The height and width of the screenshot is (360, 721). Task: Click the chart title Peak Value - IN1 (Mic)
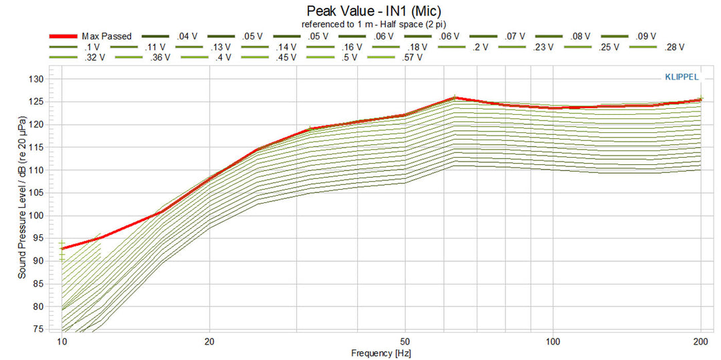pyautogui.click(x=374, y=11)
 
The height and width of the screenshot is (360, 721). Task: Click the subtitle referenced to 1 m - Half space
pyautogui.click(x=374, y=24)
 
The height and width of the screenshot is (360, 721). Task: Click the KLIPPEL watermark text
pyautogui.click(x=680, y=77)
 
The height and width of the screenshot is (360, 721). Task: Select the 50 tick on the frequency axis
pyautogui.click(x=404, y=340)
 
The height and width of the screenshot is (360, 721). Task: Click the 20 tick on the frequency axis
pyautogui.click(x=210, y=340)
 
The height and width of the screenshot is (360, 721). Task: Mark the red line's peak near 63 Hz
pyautogui.click(x=455, y=98)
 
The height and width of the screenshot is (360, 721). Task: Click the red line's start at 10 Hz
pyautogui.click(x=62, y=248)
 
